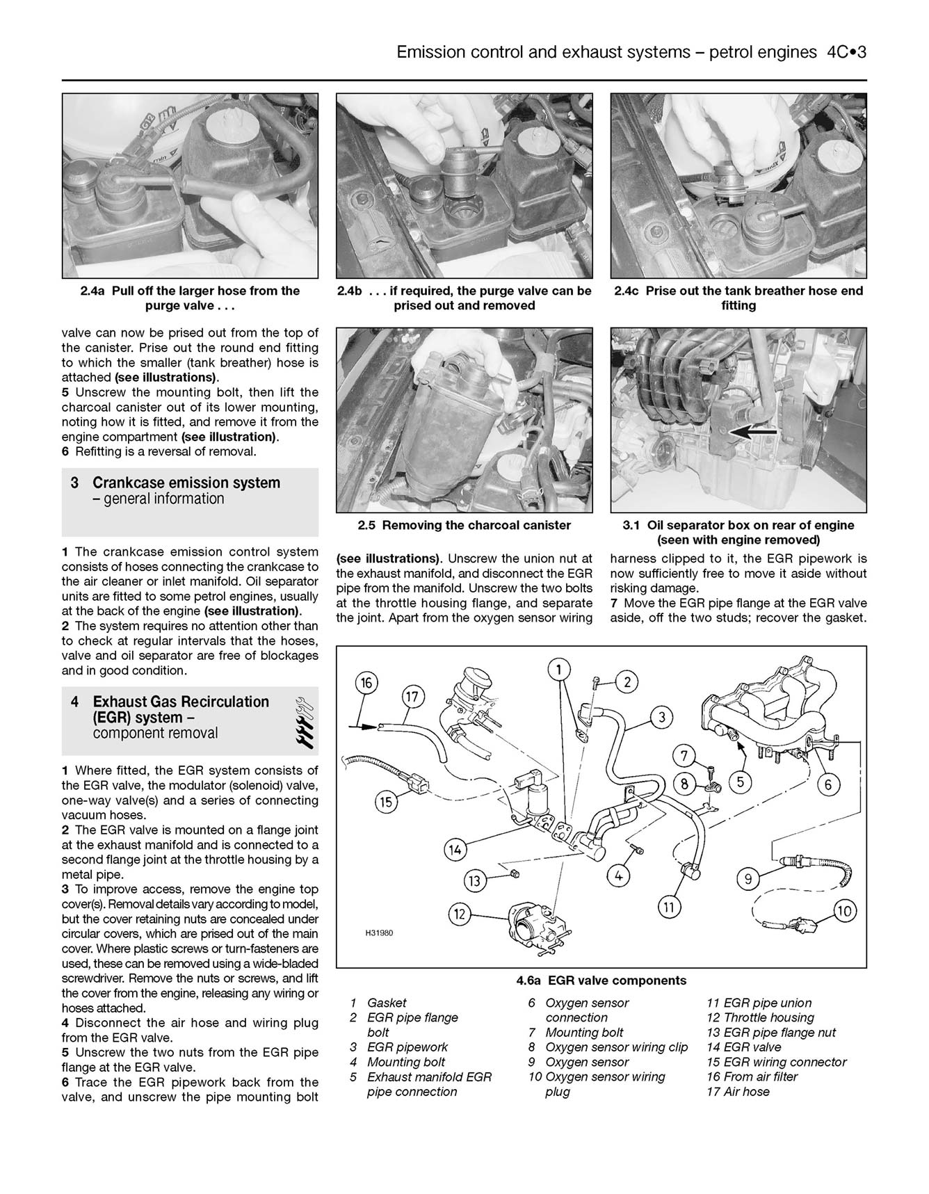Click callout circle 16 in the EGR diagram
click(366, 683)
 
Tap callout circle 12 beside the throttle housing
click(459, 914)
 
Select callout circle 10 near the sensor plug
click(845, 910)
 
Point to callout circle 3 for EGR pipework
click(661, 717)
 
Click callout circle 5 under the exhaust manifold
click(740, 782)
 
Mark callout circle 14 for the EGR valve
click(455, 849)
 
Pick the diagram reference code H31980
click(379, 933)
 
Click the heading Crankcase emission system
click(186, 483)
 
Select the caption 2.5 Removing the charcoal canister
click(464, 526)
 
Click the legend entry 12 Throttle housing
click(760, 1017)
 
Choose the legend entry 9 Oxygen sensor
click(579, 1062)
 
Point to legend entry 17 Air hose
click(738, 1091)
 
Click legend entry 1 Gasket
click(379, 1003)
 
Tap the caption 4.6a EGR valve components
click(601, 981)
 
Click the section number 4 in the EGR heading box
click(74, 702)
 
